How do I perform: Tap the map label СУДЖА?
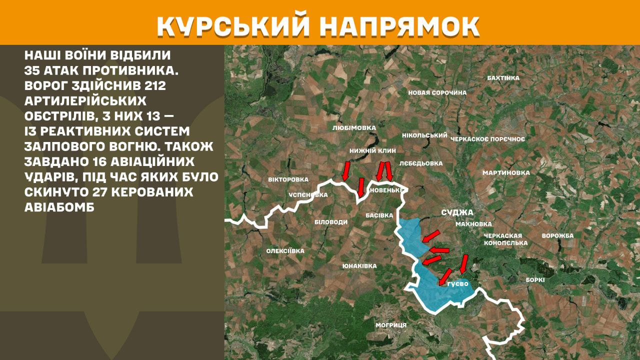tap(457, 212)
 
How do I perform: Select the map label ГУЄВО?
tap(457, 284)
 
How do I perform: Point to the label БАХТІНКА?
tap(503, 78)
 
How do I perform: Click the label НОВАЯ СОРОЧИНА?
tap(437, 92)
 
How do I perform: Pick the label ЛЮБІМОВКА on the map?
tap(353, 128)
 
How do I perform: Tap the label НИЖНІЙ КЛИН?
tap(373, 150)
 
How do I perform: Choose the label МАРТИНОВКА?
tap(505, 173)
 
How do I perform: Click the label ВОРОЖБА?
tap(557, 235)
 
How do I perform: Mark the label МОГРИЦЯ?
tap(391, 325)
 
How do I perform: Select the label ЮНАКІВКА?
tap(359, 266)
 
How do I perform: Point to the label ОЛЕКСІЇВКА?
tap(285, 251)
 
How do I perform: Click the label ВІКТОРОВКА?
tap(288, 179)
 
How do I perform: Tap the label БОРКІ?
tap(535, 280)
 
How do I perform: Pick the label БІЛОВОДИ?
tap(331, 222)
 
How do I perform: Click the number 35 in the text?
tap(33, 70)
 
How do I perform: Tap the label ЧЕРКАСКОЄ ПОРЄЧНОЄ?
tap(487, 139)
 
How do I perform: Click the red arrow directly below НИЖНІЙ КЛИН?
tap(383, 171)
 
